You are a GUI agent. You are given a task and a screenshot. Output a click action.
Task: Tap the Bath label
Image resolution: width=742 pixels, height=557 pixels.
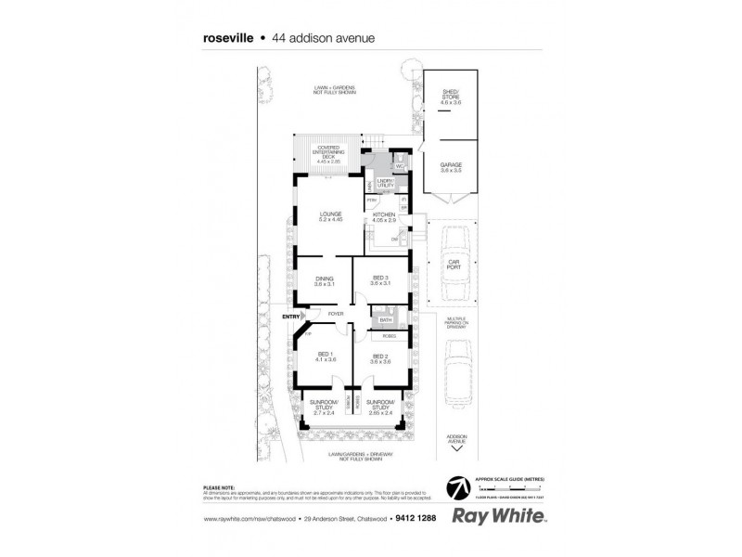coord(385,320)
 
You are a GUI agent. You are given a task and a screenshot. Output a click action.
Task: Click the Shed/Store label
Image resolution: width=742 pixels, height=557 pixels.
coord(450,94)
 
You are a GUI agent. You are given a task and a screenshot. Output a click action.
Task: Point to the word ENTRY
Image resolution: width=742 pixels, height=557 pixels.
coord(291,318)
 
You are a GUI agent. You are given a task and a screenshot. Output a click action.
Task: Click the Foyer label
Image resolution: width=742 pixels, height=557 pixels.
coord(335,314)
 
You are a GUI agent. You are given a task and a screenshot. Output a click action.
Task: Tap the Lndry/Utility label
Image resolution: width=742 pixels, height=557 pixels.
coord(385,184)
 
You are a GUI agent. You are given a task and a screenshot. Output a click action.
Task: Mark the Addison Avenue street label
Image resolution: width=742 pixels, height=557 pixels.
coord(454,436)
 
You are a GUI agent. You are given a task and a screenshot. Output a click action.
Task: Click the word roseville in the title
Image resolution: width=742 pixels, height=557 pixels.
coord(228,39)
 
